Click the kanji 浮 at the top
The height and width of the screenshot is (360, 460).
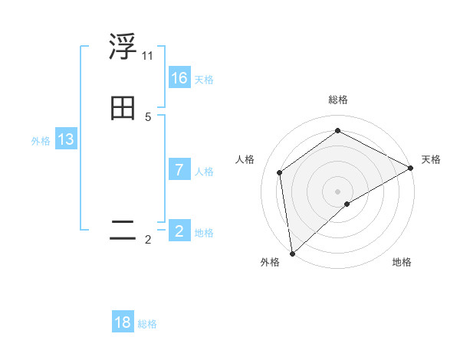pos(123,47)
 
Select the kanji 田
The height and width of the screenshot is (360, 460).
pos(123,109)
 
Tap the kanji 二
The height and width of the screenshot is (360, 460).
pos(123,230)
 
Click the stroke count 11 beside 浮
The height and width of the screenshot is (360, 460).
pos(147,56)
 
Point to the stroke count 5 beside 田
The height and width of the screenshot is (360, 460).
pos(148,117)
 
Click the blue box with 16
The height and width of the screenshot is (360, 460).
pos(179,78)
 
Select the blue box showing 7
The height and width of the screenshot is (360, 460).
pos(179,170)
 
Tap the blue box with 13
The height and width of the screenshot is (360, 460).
pos(66,139)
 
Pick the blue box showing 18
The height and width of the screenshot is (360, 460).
pos(123,322)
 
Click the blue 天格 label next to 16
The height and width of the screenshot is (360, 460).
pos(204,80)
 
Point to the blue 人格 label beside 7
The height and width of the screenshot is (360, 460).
pos(204,172)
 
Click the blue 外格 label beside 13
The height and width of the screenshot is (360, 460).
pos(41,141)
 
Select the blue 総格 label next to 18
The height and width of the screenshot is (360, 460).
pos(147,324)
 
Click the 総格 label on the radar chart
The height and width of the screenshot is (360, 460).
pos(338,100)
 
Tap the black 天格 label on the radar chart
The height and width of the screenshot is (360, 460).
pos(431,159)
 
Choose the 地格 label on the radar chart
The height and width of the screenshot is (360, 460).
pos(402,262)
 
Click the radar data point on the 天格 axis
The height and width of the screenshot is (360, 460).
pos(411,168)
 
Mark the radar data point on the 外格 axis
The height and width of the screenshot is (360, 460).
pos(292,253)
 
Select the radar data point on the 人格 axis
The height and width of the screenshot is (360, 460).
pos(280,172)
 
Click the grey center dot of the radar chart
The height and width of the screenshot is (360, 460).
pos(338,191)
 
